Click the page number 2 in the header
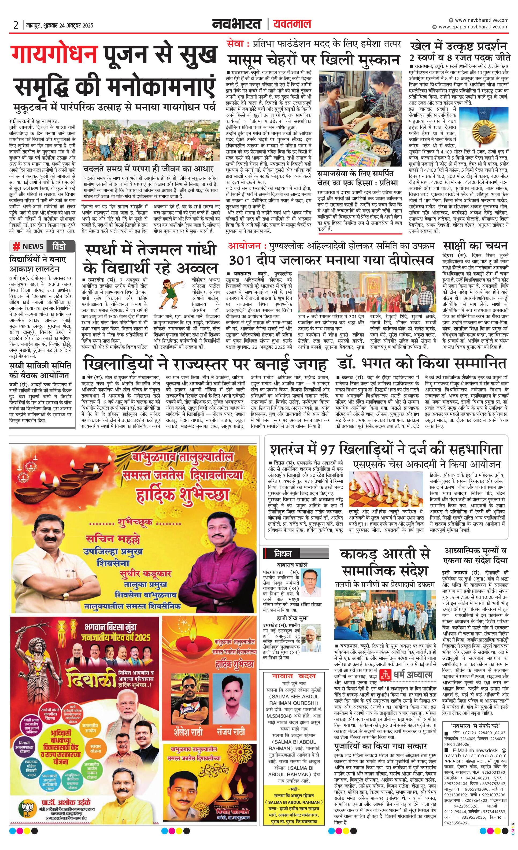click(16, 25)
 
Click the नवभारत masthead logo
click(237, 24)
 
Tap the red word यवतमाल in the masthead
click(292, 24)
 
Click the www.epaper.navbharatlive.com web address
click(473, 27)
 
